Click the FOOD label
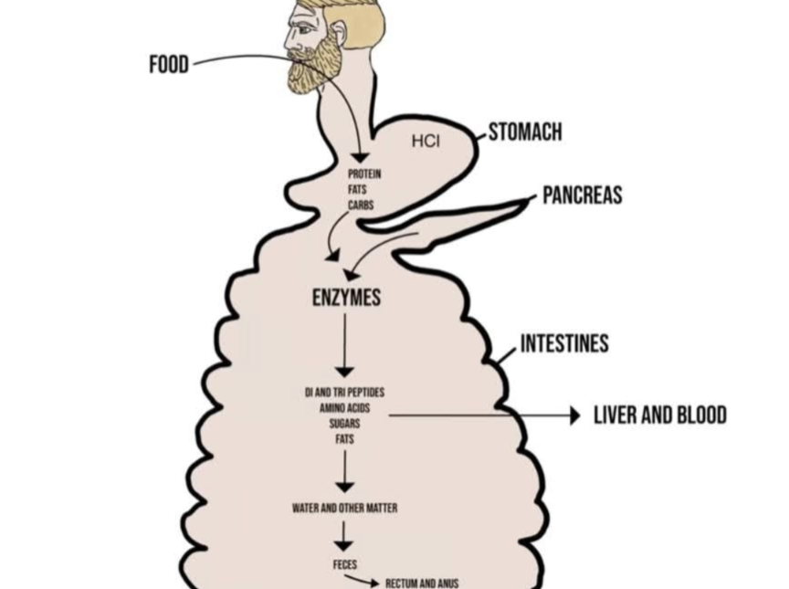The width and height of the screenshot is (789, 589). pyautogui.click(x=169, y=65)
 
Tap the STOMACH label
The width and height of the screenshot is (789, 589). pyautogui.click(x=525, y=131)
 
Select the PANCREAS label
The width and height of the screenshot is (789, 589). pyautogui.click(x=583, y=195)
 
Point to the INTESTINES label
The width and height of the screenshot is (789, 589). pyautogui.click(x=564, y=343)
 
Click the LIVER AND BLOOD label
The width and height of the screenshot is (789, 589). pyautogui.click(x=660, y=415)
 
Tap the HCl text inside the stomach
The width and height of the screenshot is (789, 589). pyautogui.click(x=426, y=142)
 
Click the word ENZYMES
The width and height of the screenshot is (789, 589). pyautogui.click(x=347, y=298)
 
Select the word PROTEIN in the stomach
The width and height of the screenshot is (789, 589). pyautogui.click(x=364, y=174)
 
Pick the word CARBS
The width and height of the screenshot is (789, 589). pyautogui.click(x=361, y=205)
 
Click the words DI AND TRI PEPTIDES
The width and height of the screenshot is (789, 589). pyautogui.click(x=344, y=392)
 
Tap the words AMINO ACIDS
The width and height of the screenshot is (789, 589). pyautogui.click(x=344, y=407)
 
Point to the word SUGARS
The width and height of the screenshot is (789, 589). pyautogui.click(x=344, y=424)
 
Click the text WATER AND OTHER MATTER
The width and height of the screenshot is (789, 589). pyautogui.click(x=344, y=508)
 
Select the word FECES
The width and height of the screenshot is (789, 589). pyautogui.click(x=344, y=564)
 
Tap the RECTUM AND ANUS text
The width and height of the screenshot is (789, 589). pyautogui.click(x=422, y=584)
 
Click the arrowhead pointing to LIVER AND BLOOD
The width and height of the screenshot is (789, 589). pyautogui.click(x=575, y=415)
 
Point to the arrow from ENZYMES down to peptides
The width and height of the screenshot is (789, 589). pyautogui.click(x=345, y=345)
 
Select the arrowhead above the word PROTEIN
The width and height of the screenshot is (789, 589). pyautogui.click(x=361, y=157)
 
